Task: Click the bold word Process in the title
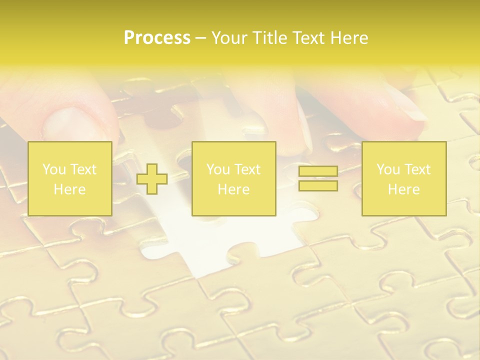point(157,38)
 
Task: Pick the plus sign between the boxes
point(152,179)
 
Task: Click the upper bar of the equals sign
point(318,171)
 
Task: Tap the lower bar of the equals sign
point(318,186)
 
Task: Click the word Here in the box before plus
point(70,189)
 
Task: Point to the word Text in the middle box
point(247,169)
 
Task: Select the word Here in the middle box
point(234,189)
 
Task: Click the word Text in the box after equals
point(417,169)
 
